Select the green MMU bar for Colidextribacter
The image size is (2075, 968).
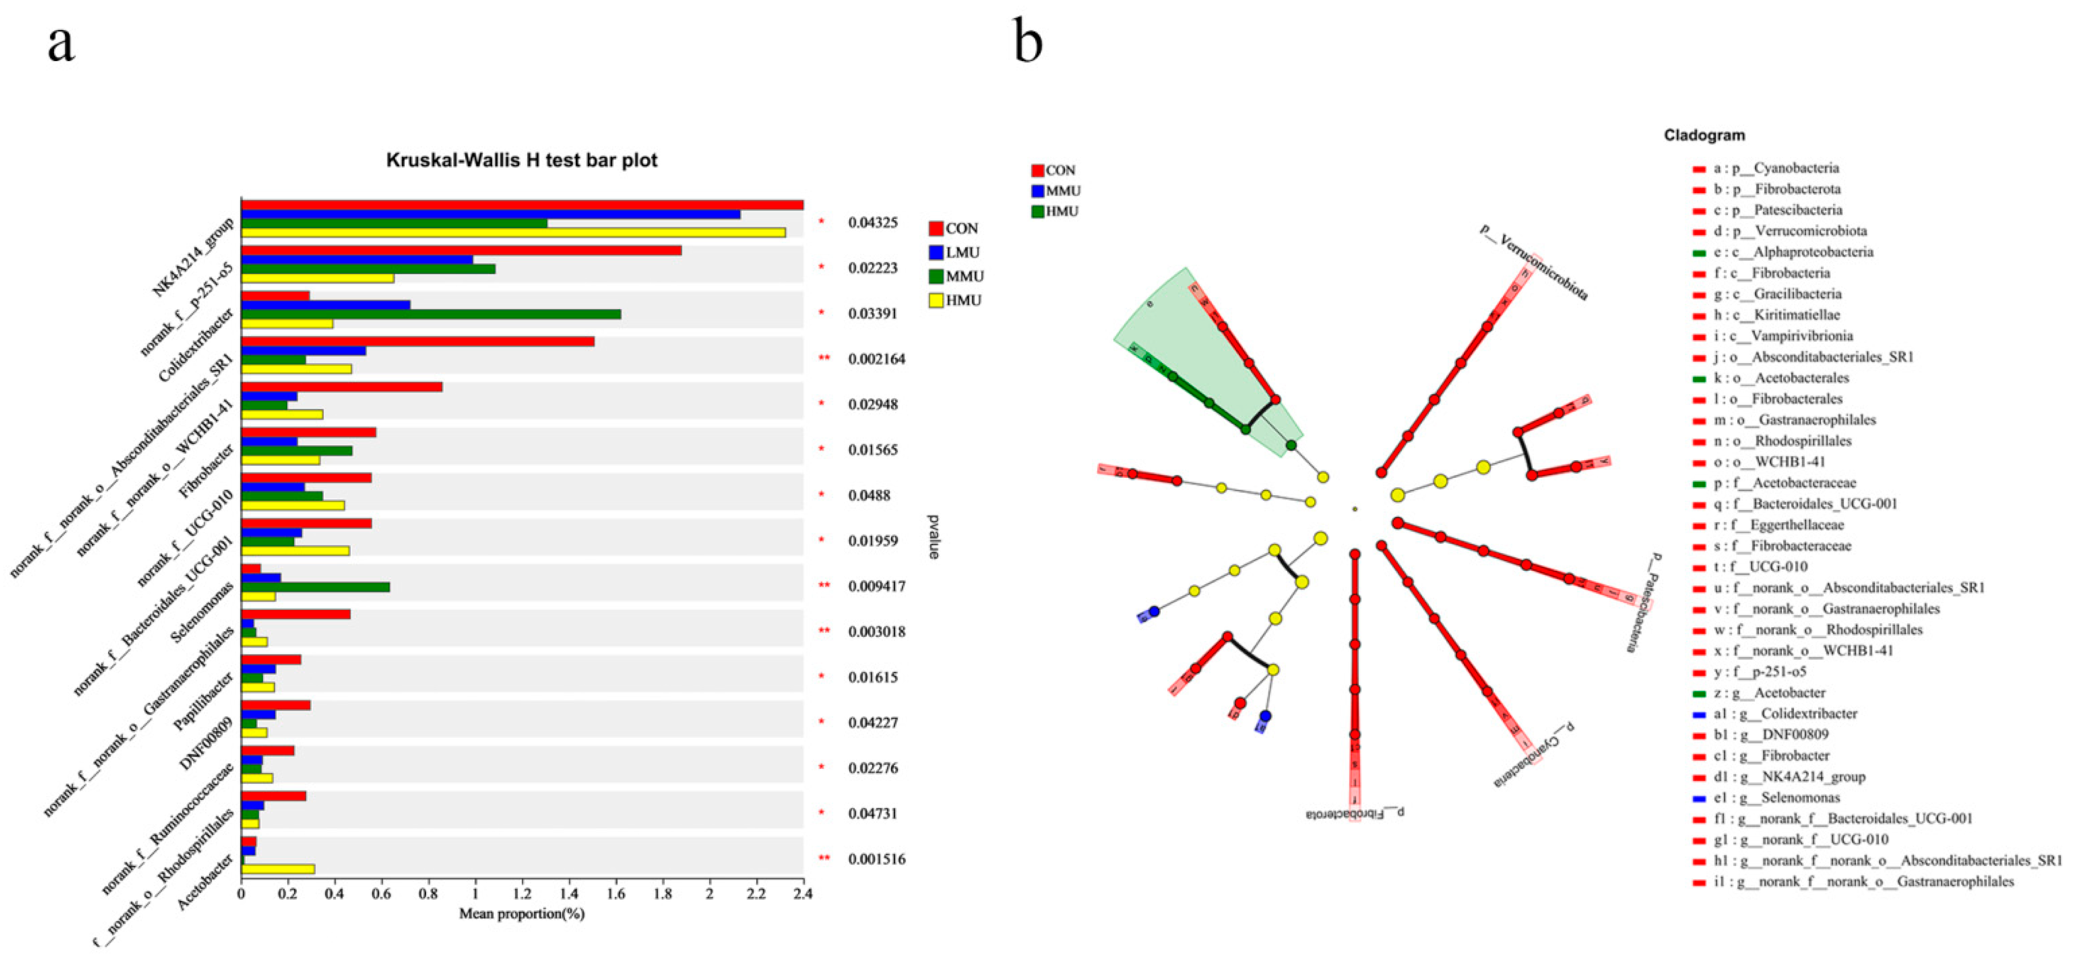click(x=431, y=314)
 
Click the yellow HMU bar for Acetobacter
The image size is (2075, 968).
click(x=278, y=869)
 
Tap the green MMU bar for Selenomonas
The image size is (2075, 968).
click(x=315, y=587)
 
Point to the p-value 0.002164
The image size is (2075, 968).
click(x=876, y=359)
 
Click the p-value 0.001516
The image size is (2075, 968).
click(x=876, y=859)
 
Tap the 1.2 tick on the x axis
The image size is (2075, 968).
click(x=522, y=894)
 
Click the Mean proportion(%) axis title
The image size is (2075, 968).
click(x=522, y=914)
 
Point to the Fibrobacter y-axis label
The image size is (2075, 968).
click(x=208, y=470)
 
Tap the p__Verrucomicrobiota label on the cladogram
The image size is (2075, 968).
click(x=1534, y=262)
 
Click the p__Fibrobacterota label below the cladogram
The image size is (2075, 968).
click(x=1355, y=814)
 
